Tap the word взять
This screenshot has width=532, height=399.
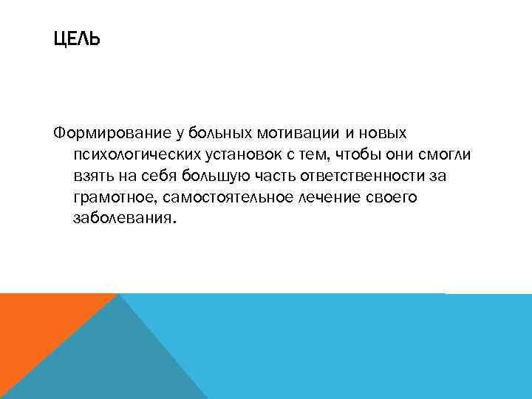[x=90, y=177]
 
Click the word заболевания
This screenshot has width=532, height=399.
[x=123, y=220]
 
